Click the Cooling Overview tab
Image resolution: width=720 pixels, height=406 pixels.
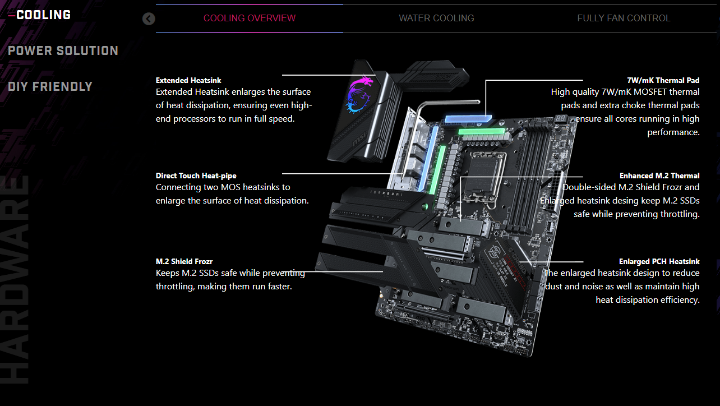coord(249,19)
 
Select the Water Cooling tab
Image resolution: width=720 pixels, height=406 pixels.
coord(436,19)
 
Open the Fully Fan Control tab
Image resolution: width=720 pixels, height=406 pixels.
coord(624,19)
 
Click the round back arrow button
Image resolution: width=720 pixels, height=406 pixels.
coord(149,19)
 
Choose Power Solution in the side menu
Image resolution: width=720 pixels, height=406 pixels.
coord(63,50)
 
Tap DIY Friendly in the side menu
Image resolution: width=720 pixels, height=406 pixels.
coord(50,86)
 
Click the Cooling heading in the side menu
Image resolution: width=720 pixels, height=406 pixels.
coord(44,15)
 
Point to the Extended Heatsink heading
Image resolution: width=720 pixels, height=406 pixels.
coord(188,80)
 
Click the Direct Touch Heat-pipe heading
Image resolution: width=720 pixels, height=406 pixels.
coord(196,176)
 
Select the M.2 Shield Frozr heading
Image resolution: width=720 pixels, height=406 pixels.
coord(184,261)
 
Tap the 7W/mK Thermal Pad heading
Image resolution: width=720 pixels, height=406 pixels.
coord(663,80)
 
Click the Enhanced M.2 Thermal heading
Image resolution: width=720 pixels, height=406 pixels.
coord(659,176)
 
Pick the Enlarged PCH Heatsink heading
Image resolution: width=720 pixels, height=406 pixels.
coord(659,261)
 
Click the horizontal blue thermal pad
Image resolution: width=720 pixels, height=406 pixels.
coord(468,118)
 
